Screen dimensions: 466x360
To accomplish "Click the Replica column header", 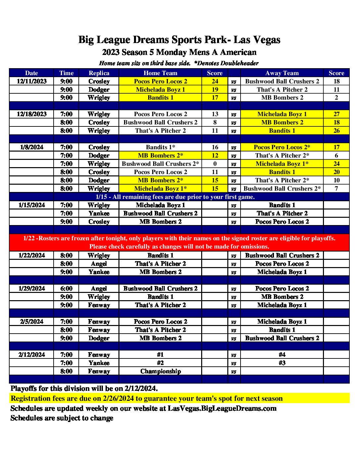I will click(99, 73).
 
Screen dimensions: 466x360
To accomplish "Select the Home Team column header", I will click(160, 73).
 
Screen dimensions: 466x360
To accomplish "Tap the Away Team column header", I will click(282, 73).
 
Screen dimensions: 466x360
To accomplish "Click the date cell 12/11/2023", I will click(32, 81).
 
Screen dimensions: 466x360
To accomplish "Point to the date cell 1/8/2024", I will click(32, 147).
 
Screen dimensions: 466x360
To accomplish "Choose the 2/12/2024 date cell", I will click(32, 355).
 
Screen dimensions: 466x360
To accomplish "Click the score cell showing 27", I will click(337, 114).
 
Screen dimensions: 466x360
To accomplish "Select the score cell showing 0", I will click(215, 164).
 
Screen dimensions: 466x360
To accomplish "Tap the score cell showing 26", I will click(337, 131).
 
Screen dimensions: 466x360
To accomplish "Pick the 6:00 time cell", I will click(67, 289).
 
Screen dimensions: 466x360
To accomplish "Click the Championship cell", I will click(160, 371).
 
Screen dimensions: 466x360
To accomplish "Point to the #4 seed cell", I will click(282, 355).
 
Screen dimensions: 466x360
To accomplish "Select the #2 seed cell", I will click(160, 363).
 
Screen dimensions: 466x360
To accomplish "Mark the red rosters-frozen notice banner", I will click(179, 242).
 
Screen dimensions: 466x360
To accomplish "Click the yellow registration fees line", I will click(147, 398).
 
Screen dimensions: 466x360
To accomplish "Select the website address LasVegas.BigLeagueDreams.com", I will click(222, 408).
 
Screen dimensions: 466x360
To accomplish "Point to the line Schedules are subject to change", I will click(62, 418).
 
